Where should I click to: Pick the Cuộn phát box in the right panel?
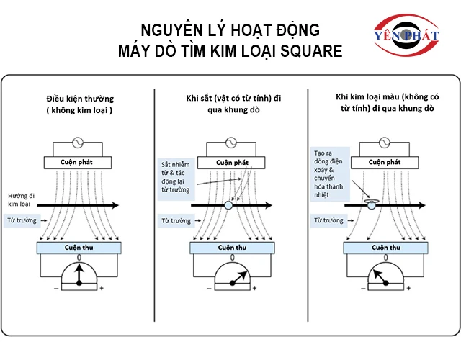click(x=384, y=163)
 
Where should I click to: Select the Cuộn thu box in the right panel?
click(x=385, y=248)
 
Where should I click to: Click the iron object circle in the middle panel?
click(x=228, y=205)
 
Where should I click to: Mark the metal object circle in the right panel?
click(x=372, y=205)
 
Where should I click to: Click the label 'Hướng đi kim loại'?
click(x=21, y=200)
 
